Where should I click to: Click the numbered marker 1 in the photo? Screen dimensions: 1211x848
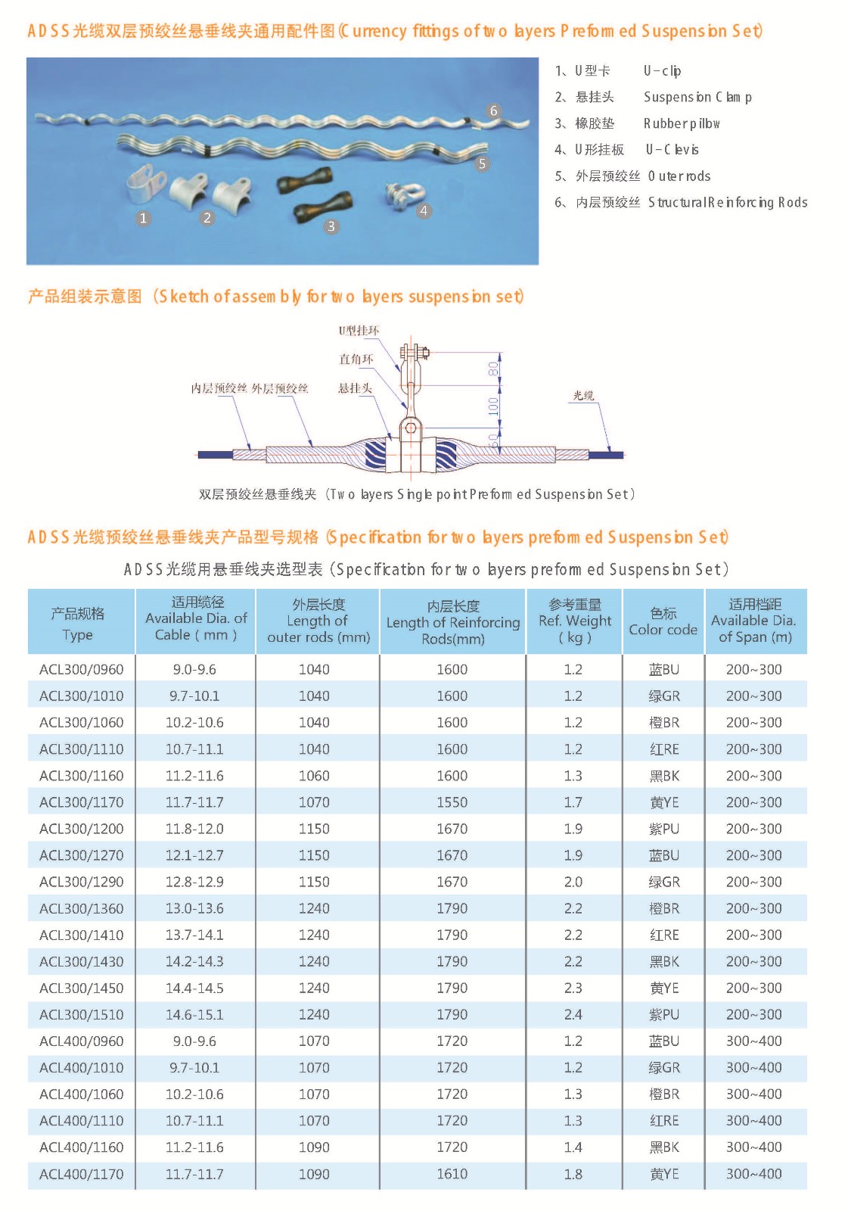tap(144, 218)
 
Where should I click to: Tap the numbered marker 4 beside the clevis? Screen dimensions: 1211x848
tap(424, 211)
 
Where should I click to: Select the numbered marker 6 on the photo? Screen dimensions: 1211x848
tap(493, 111)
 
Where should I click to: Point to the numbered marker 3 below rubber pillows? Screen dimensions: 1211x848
tap(331, 226)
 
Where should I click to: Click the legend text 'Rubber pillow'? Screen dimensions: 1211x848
tap(682, 123)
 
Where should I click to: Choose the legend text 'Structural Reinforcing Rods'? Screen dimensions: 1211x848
tap(728, 202)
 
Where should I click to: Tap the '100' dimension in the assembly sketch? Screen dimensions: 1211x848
tap(493, 406)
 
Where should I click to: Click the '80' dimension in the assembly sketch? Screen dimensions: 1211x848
tap(493, 369)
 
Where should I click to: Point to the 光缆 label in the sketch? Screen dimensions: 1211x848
tap(583, 395)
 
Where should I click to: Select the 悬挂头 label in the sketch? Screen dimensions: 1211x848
tap(355, 388)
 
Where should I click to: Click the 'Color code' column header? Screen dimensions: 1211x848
tap(663, 621)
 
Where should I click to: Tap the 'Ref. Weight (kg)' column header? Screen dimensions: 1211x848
tap(575, 621)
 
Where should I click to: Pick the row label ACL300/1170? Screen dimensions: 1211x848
tap(82, 802)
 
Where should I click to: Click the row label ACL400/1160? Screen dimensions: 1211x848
tap(82, 1147)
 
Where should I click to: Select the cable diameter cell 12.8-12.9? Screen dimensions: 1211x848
tap(194, 882)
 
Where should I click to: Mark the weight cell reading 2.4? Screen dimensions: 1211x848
tap(573, 1014)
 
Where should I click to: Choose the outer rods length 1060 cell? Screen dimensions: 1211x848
tap(314, 776)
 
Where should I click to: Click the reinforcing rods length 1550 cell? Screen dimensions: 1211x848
tap(452, 802)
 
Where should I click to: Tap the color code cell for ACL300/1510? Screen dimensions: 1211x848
tap(664, 1014)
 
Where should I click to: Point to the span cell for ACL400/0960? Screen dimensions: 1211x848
tap(754, 1041)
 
